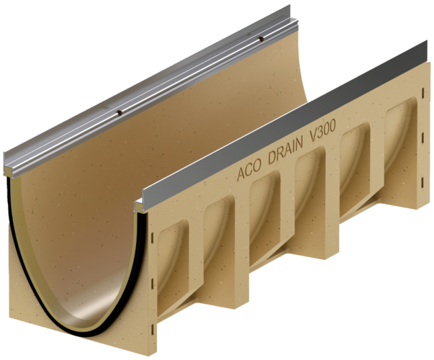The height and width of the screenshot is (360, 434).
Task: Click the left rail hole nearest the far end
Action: tap(260, 39)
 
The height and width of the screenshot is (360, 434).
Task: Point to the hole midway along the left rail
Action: tap(119, 112)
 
